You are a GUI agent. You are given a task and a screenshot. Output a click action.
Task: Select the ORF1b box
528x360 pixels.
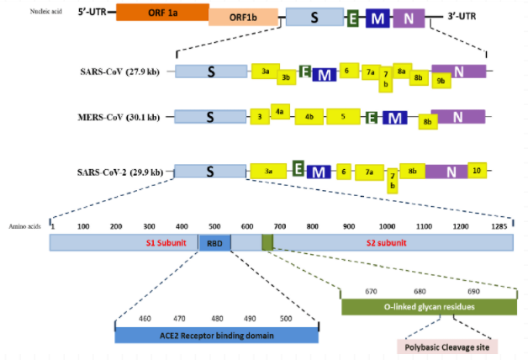[x=243, y=19]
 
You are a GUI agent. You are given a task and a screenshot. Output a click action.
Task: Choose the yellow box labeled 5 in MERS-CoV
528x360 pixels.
[x=343, y=116]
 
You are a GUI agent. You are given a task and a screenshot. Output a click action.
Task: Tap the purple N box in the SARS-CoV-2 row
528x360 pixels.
[x=451, y=172]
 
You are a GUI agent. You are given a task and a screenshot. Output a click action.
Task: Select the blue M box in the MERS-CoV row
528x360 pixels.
[x=394, y=119]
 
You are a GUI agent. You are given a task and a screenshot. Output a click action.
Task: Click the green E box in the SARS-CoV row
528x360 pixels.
[x=305, y=71]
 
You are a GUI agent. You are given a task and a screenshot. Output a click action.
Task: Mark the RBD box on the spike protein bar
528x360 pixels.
[x=214, y=242]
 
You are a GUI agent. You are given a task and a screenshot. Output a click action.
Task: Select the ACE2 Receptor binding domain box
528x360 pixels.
[x=216, y=335]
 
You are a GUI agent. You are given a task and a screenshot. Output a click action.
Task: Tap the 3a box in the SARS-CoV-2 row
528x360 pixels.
[x=268, y=170]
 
